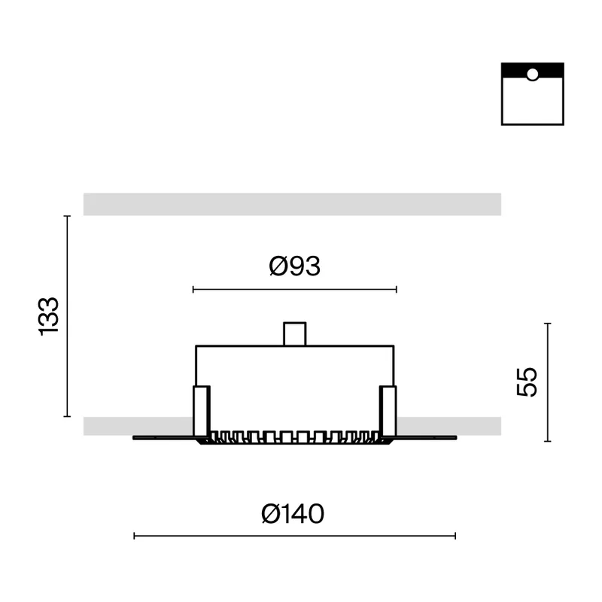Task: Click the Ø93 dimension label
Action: (x=294, y=266)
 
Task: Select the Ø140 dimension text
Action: (x=293, y=514)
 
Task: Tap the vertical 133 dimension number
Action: (x=49, y=316)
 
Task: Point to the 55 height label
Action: (x=527, y=382)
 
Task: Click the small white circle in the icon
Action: (x=533, y=74)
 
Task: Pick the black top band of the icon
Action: (x=533, y=71)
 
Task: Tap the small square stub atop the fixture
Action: (x=295, y=334)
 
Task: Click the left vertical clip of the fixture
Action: (x=202, y=411)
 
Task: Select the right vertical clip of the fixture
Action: (x=388, y=411)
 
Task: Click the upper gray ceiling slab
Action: (x=292, y=204)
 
